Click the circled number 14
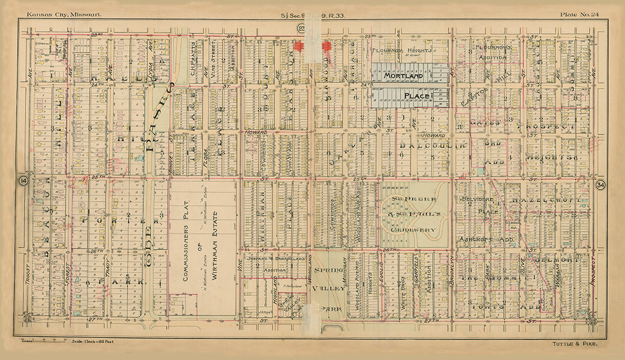(x=23, y=180)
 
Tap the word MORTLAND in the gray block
(x=403, y=76)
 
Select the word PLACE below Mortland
(x=416, y=96)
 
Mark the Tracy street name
(x=108, y=265)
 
